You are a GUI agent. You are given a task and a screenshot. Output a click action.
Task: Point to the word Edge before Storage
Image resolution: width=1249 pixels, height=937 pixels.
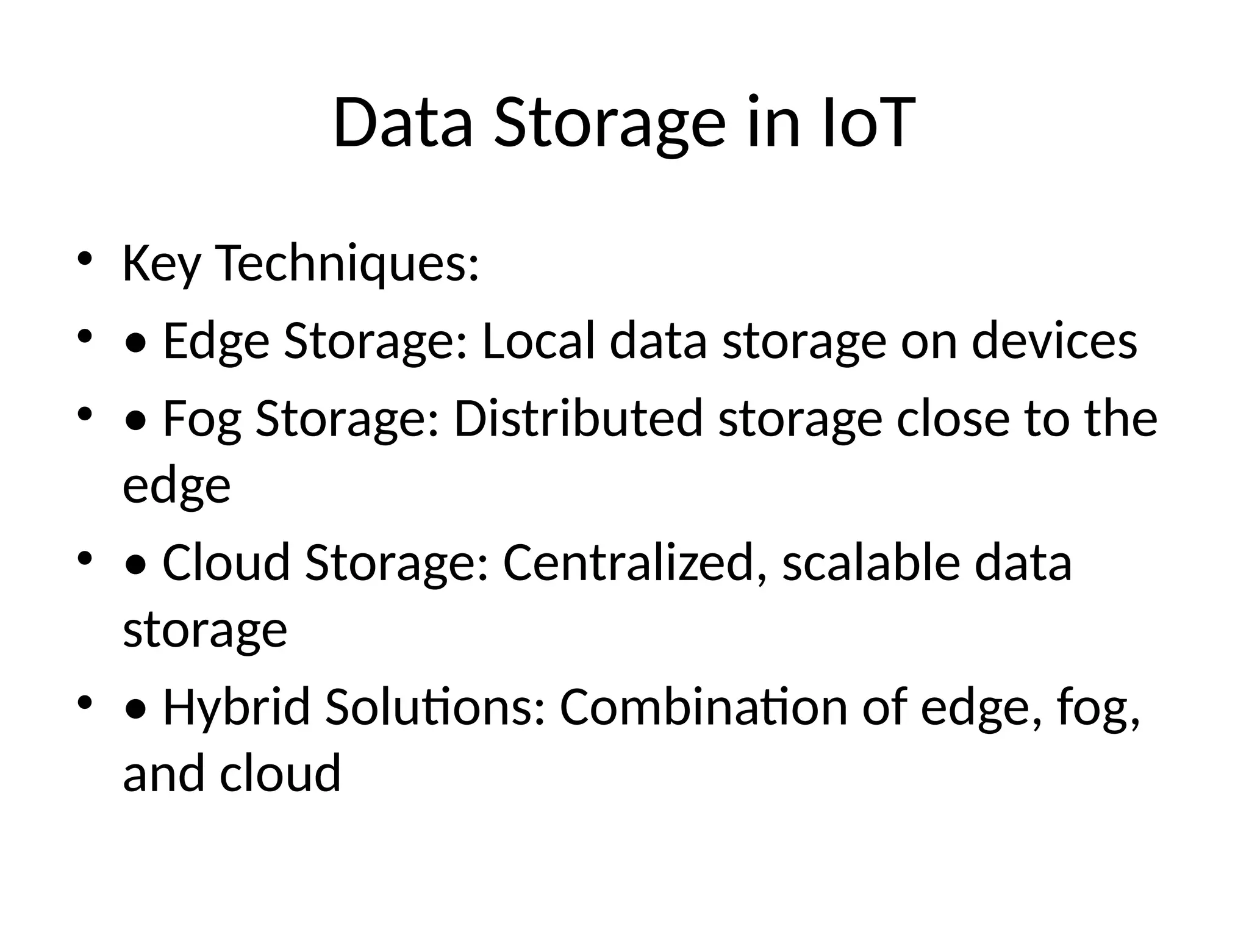tap(216, 342)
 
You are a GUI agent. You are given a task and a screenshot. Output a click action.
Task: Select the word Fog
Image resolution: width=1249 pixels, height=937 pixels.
tap(202, 420)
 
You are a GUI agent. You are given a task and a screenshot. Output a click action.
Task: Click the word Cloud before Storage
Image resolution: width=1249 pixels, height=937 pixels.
tap(226, 562)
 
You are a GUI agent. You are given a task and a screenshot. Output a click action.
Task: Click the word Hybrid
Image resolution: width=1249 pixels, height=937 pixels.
tap(237, 707)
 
